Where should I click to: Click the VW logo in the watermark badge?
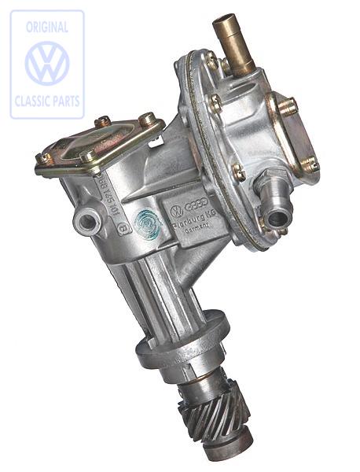click(x=46, y=64)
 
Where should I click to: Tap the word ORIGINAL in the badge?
click(x=47, y=26)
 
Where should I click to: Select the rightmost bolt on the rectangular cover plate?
click(x=147, y=119)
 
